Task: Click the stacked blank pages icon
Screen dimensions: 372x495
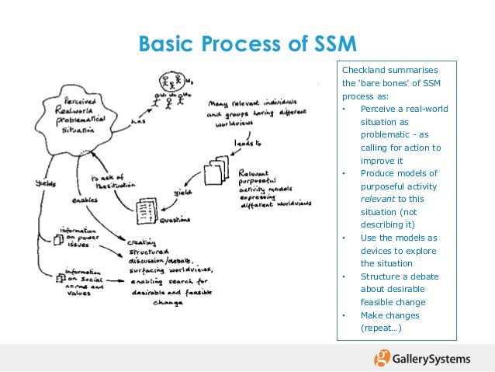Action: click(x=217, y=172)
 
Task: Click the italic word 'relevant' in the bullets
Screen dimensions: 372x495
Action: click(x=377, y=199)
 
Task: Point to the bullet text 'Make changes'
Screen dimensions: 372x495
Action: click(x=389, y=315)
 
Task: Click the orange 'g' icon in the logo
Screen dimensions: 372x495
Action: click(x=382, y=358)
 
